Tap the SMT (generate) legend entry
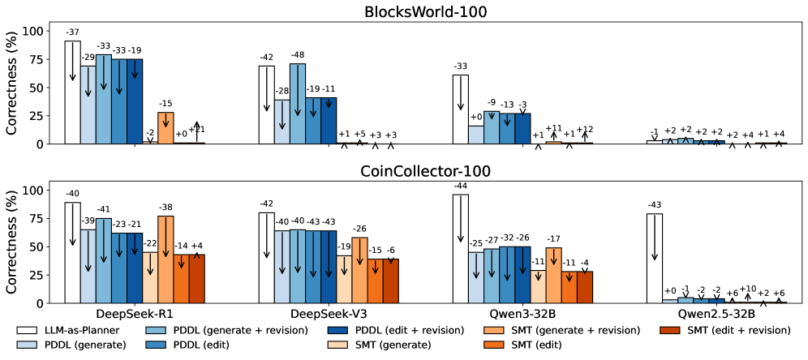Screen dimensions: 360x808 tap(528, 345)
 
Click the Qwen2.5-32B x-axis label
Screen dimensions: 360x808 tap(716, 314)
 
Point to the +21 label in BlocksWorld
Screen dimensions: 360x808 tap(197, 130)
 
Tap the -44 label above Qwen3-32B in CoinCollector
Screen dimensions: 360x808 tap(460, 186)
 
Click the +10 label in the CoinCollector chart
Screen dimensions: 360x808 tap(748, 289)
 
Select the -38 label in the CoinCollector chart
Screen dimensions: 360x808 tap(166, 207)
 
